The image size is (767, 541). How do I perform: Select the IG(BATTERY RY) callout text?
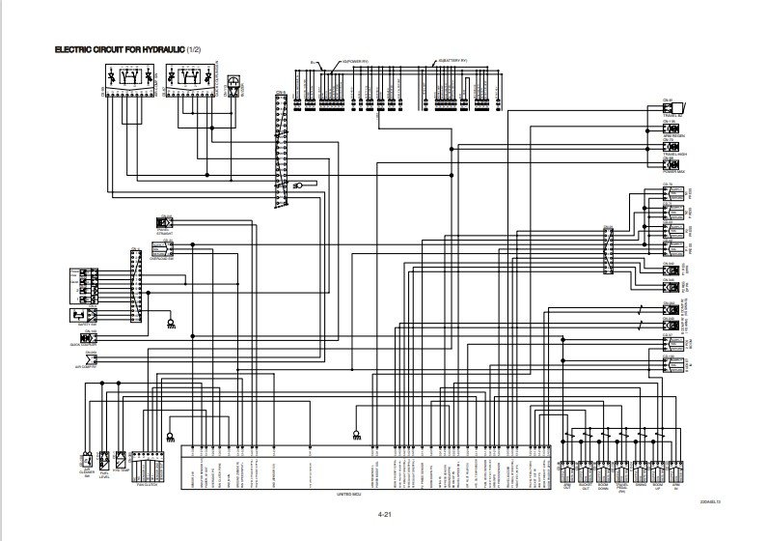453,60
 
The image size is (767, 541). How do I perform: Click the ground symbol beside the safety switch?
170,325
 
